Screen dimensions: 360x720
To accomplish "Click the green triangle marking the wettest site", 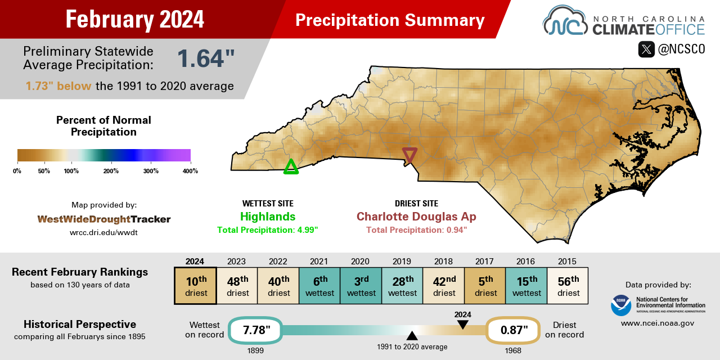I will (291, 166).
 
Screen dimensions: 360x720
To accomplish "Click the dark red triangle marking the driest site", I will (410, 154).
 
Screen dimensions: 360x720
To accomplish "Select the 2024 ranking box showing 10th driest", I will (195, 286).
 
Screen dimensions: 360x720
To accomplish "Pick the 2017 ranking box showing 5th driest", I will (485, 286).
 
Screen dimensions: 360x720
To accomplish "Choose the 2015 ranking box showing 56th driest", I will (568, 286).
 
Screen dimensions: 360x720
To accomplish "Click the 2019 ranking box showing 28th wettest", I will (402, 286).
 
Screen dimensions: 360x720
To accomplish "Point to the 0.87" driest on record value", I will (512, 330).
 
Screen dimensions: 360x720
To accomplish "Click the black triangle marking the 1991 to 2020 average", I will (412, 336).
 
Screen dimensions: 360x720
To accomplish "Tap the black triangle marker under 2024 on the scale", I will (462, 325).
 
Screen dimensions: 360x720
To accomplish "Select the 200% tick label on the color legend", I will (111, 171).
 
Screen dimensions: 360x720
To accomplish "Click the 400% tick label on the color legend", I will (190, 171).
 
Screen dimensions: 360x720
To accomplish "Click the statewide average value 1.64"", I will (206, 58).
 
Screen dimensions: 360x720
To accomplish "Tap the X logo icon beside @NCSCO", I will (646, 49).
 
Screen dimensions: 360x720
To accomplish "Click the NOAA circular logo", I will (621, 305).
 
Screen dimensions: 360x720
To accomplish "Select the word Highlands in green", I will (268, 217).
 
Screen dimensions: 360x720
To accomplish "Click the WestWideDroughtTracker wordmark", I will (104, 219).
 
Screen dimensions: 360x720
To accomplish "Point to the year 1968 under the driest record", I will (512, 350).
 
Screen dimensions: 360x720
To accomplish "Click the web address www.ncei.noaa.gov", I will (658, 323).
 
